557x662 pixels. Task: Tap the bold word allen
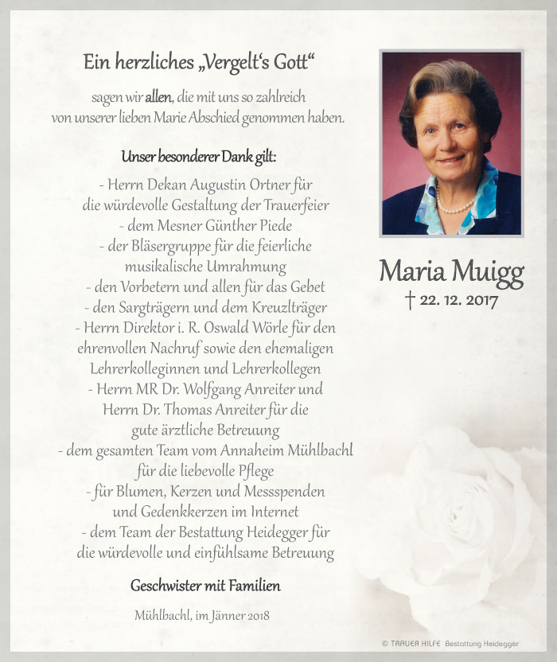tap(158, 98)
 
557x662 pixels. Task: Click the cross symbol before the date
tap(411, 300)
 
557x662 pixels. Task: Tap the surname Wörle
tap(283, 328)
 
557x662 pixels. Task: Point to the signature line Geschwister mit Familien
tap(205, 586)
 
